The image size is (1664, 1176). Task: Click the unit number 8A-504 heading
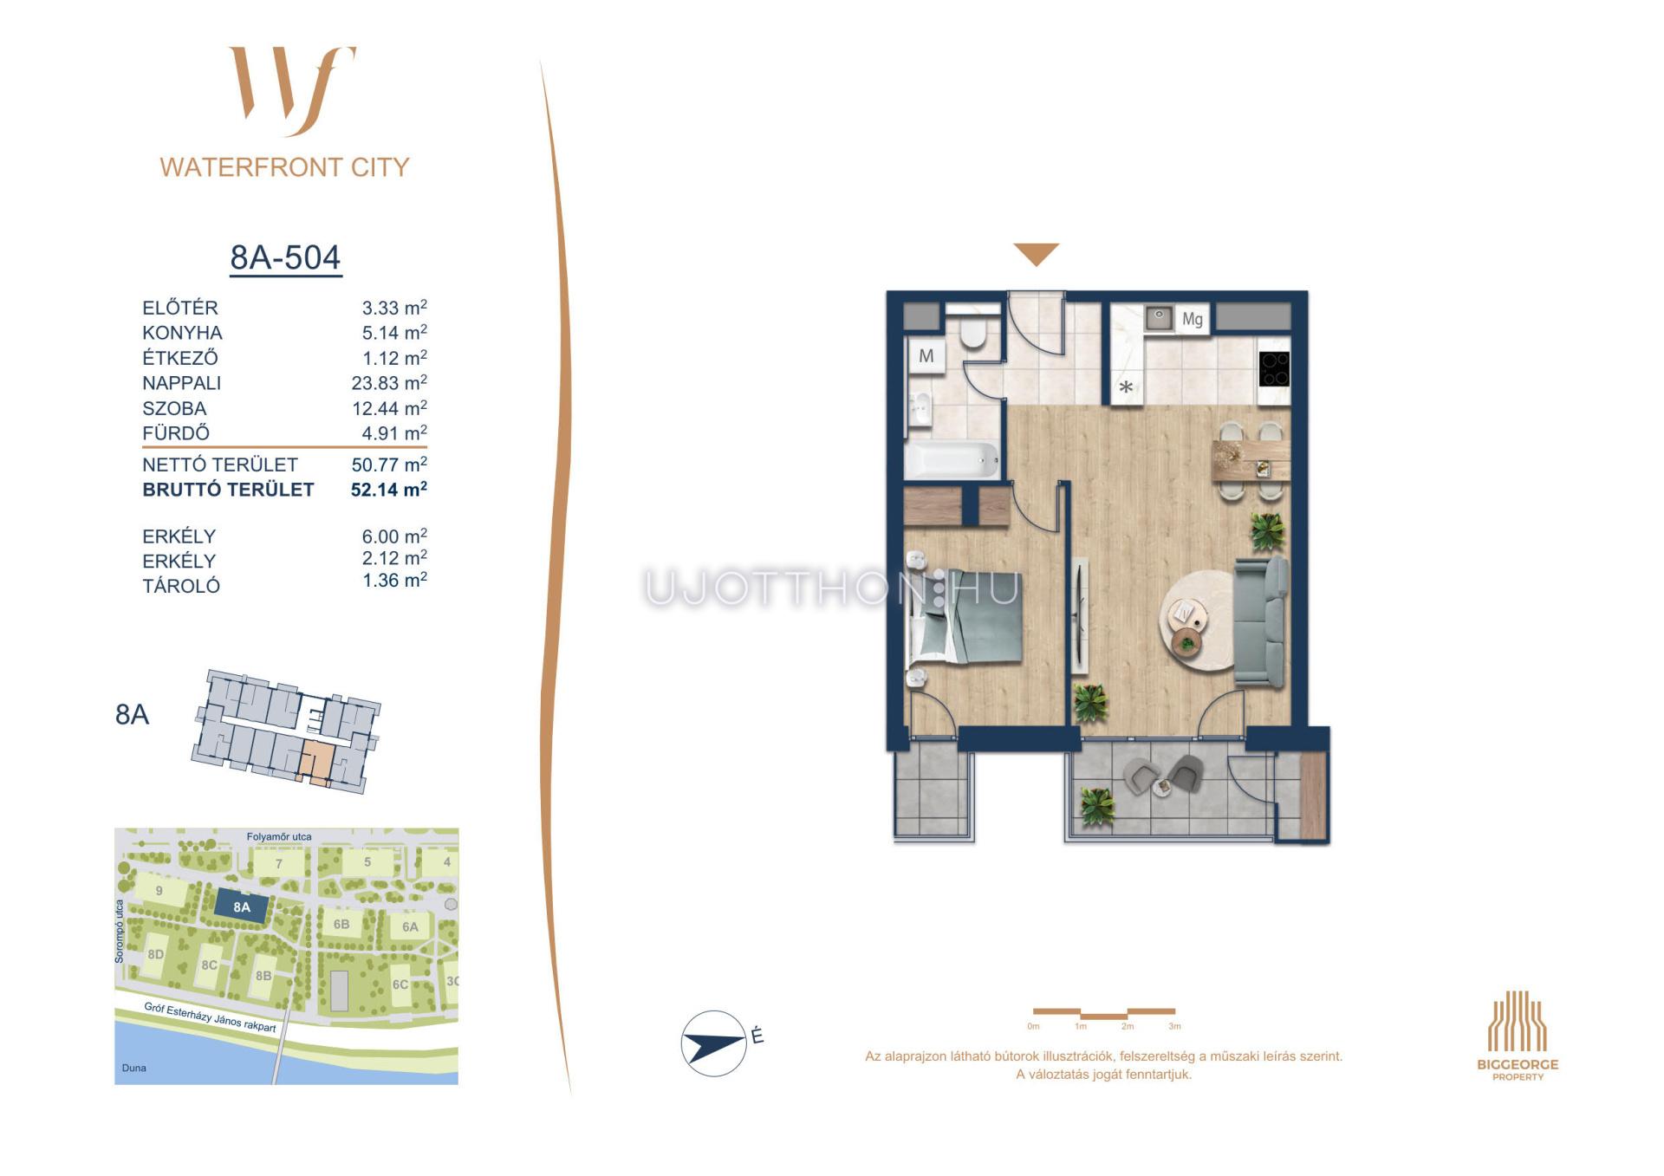[x=285, y=257]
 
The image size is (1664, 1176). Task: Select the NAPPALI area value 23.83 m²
[x=389, y=382]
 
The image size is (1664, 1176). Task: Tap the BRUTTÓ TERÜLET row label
[x=228, y=490]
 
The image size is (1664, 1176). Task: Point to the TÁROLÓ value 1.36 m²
[x=394, y=581]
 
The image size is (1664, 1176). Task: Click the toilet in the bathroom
[x=973, y=331]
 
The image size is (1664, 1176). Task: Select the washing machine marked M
[x=926, y=356]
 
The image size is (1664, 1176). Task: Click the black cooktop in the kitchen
[x=1274, y=368]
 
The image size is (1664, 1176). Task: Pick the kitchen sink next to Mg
[x=1159, y=318]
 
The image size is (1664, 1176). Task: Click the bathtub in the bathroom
[x=952, y=459]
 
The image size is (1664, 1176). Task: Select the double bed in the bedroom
[x=964, y=616]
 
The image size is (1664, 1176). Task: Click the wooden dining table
[x=1251, y=460]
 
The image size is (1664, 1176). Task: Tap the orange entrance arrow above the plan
[x=1037, y=254]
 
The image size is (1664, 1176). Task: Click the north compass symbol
[x=714, y=1043]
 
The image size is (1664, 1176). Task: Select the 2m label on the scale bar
[x=1128, y=1027]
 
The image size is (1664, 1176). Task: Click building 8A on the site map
[x=242, y=907]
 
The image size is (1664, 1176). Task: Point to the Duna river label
[x=134, y=1068]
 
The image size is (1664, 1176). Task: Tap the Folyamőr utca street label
[x=279, y=837]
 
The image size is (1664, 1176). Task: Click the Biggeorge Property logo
[x=1518, y=1036]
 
